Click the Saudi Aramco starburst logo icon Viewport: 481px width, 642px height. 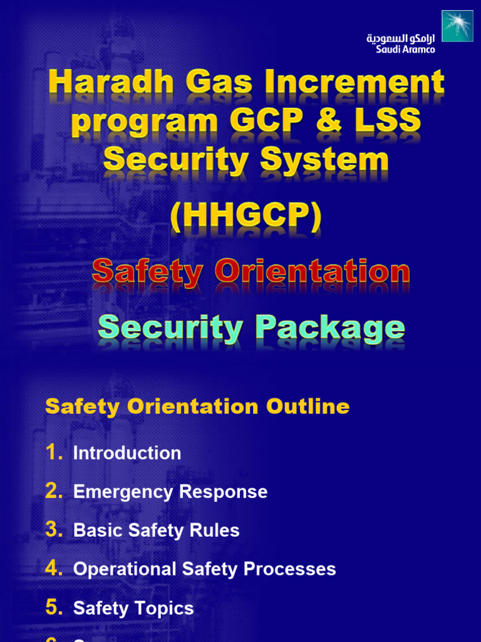[457, 26]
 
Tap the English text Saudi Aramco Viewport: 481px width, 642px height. [405, 50]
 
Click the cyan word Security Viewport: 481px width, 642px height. [169, 327]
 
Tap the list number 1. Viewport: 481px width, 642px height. [54, 453]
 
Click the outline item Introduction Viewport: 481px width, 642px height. [127, 453]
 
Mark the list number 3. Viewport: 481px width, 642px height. [54, 530]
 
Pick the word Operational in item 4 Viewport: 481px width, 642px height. [125, 569]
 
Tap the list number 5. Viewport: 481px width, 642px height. [54, 608]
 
